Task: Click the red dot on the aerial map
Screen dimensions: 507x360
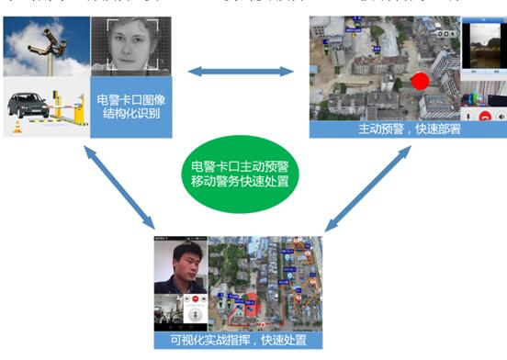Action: pyautogui.click(x=421, y=80)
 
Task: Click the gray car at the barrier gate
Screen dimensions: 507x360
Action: pyautogui.click(x=28, y=105)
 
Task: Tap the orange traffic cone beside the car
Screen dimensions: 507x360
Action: pyautogui.click(x=17, y=125)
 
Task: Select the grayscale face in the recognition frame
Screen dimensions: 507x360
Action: pyautogui.click(x=131, y=45)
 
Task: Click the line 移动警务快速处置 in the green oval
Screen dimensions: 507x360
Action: pyautogui.click(x=240, y=182)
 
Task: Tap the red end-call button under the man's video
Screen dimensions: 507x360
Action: pyautogui.click(x=195, y=301)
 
